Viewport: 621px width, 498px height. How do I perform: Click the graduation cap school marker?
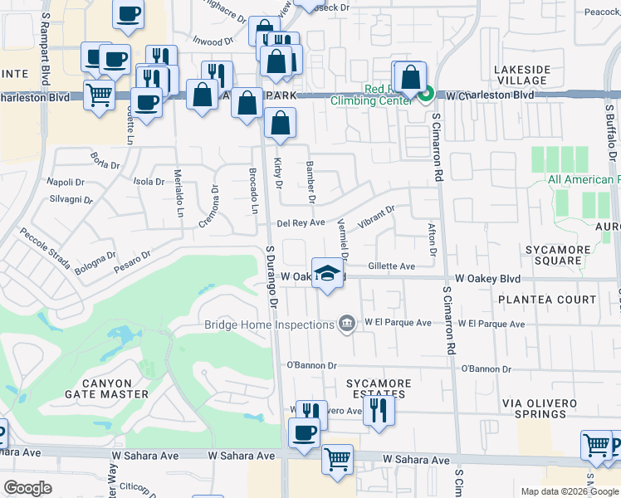pyautogui.click(x=328, y=276)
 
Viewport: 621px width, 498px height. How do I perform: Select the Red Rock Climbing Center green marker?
pyautogui.click(x=425, y=95)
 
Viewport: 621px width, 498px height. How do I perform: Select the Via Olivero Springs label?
pyautogui.click(x=540, y=410)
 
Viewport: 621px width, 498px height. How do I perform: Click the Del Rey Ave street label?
pyautogui.click(x=300, y=222)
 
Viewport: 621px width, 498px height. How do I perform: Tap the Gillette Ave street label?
pyautogui.click(x=391, y=266)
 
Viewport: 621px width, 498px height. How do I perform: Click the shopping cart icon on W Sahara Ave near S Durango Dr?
pyautogui.click(x=337, y=457)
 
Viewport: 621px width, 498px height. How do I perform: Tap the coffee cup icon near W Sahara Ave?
pyautogui.click(x=304, y=432)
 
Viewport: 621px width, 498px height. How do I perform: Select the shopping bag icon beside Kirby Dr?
pyautogui.click(x=281, y=123)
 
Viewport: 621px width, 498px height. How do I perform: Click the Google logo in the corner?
pyautogui.click(x=27, y=488)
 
